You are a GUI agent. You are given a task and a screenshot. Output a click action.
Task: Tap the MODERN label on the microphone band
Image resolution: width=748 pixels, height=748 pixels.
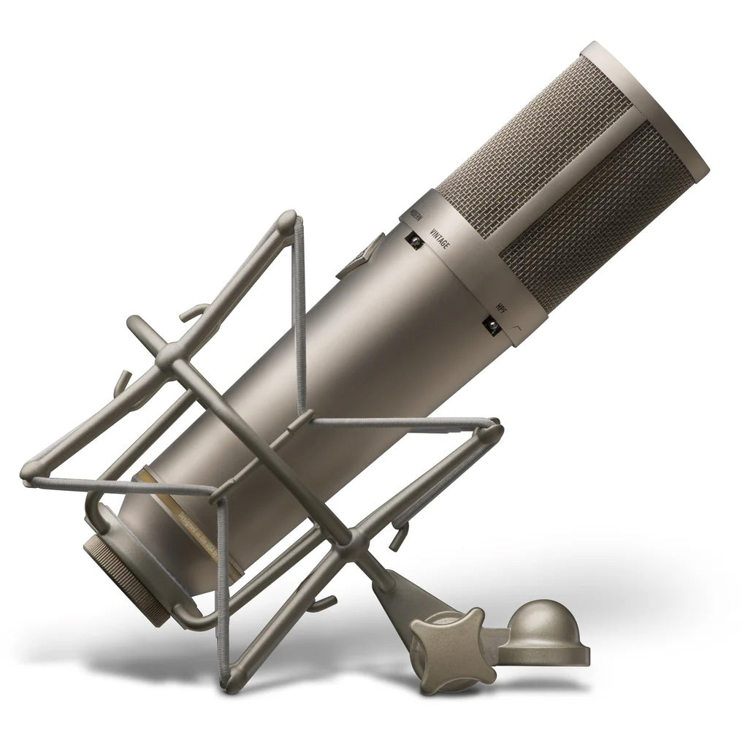[x=416, y=217]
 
